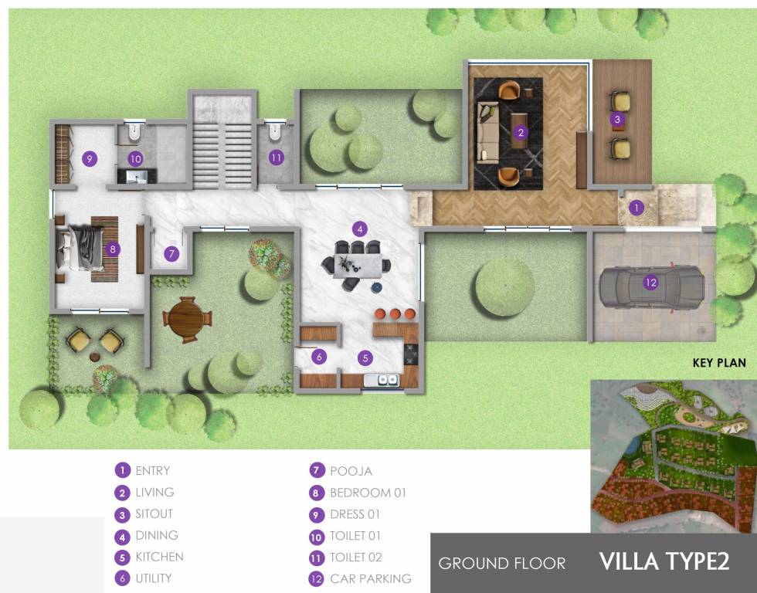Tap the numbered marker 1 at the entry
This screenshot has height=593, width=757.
636,207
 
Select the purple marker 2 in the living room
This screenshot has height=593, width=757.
521,132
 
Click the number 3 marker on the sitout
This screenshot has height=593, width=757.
616,119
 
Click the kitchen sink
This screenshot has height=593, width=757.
383,380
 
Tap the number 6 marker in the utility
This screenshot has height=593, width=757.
318,357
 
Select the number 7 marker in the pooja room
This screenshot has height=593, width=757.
171,253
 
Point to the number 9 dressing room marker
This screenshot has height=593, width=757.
90,159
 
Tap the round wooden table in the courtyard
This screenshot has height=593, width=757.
185,317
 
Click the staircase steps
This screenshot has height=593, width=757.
224,151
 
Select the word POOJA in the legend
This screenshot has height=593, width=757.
351,471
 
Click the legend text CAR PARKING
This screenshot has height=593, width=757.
371,578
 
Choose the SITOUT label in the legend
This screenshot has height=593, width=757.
154,513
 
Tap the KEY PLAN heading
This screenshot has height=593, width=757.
719,363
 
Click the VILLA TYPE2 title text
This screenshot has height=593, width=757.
664,561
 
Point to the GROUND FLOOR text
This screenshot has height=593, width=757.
502,563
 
